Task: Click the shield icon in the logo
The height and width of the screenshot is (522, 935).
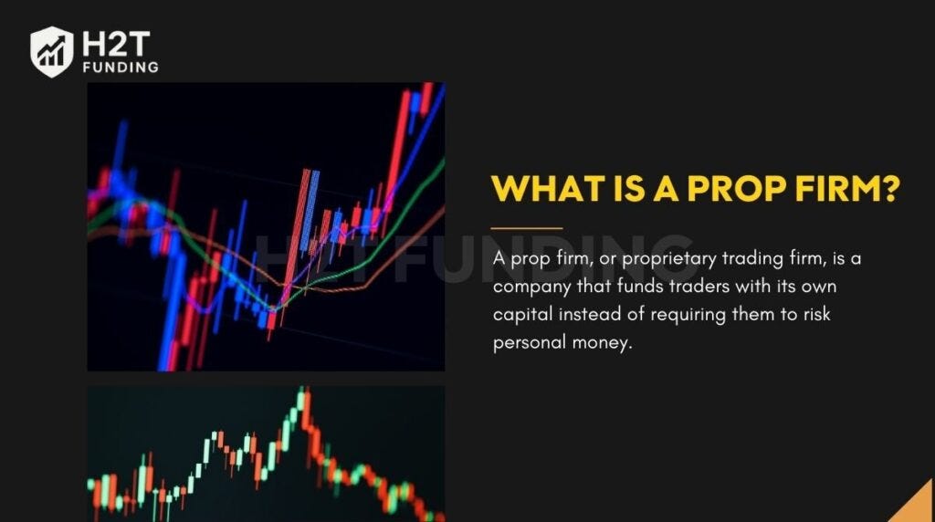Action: (51, 51)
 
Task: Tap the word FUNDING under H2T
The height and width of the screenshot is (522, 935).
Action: (121, 67)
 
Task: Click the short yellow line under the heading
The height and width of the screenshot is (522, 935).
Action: (527, 228)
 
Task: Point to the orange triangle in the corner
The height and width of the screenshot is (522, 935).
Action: (915, 505)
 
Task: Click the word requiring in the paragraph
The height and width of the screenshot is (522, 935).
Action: (672, 315)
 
